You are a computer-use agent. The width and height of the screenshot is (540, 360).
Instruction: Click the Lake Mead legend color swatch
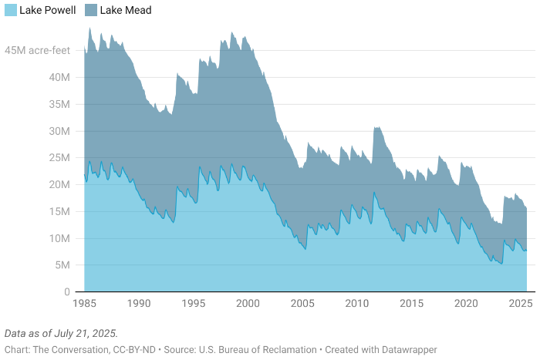93,10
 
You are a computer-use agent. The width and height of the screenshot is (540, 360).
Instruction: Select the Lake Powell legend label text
48,10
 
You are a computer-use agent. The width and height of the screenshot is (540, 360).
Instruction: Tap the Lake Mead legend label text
127,10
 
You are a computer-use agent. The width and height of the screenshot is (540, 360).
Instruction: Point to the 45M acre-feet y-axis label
39,51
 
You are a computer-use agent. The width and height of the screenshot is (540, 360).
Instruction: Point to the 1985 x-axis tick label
84,304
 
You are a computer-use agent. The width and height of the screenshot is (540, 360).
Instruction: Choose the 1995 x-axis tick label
194,304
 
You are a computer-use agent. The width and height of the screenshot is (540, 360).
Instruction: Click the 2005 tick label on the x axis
302,304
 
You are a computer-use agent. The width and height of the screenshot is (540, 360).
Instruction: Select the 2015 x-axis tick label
411,304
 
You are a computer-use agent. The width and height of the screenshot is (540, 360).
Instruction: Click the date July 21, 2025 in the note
88,334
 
